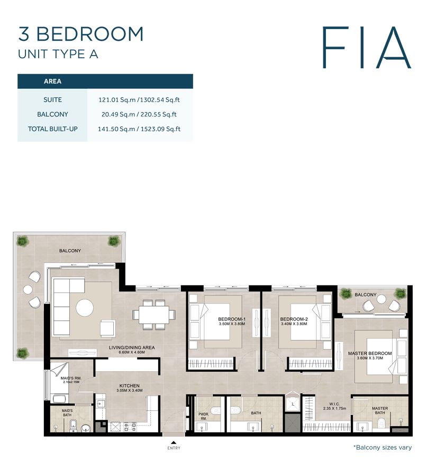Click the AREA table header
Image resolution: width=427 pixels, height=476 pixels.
click(x=52, y=81)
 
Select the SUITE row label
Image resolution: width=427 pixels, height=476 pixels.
click(x=52, y=99)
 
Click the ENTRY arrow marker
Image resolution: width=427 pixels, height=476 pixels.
click(x=173, y=443)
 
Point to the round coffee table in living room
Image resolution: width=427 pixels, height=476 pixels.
click(x=85, y=307)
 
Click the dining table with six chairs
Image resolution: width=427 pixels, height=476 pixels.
click(x=154, y=313)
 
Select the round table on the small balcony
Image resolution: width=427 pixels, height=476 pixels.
click(x=381, y=300)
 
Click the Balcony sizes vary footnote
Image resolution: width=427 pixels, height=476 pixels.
click(x=383, y=447)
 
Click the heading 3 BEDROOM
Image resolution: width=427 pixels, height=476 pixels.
click(x=81, y=34)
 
